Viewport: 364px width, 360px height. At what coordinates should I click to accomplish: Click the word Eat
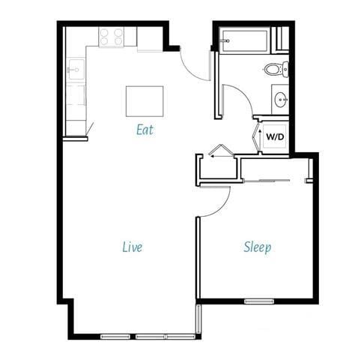point(145,130)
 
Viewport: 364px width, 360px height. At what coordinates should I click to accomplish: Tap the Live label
point(132,247)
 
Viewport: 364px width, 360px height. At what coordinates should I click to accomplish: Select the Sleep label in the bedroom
point(257,247)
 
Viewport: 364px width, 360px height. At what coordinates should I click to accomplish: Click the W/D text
point(274,137)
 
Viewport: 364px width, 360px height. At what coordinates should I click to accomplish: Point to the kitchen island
point(145,100)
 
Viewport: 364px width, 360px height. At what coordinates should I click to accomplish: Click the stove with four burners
point(112,36)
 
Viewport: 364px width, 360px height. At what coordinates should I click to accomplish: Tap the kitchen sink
point(75,70)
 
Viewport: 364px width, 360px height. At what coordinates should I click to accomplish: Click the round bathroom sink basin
point(280,98)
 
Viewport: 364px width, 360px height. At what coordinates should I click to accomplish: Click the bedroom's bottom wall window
point(259,301)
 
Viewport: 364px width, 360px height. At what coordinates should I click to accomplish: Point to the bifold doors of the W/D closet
point(256,136)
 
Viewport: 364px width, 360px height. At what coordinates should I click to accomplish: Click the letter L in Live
point(124,247)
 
